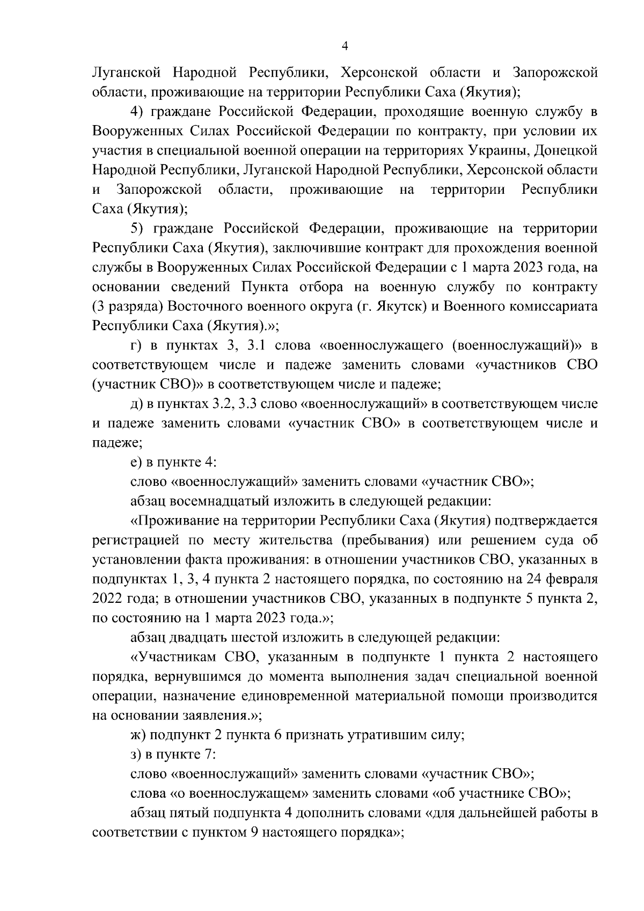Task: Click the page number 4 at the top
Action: pyautogui.click(x=345, y=47)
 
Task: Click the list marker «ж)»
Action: pyautogui.click(x=137, y=735)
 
